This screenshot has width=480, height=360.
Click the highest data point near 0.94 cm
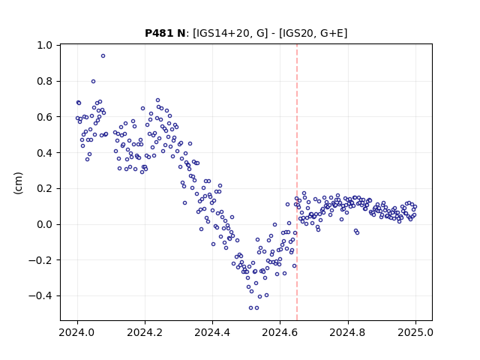point(103,56)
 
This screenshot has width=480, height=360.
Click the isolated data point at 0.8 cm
point(93,82)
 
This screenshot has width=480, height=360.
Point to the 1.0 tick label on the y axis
point(45,45)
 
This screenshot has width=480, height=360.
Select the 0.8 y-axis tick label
point(45,81)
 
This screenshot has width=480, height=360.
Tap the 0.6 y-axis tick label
point(45,117)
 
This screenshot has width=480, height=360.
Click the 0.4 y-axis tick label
point(45,153)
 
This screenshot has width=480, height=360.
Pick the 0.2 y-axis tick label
point(45,188)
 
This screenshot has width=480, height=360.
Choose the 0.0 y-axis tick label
point(45,224)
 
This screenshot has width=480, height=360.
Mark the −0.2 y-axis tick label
point(40,260)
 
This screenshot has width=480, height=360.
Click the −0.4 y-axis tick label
point(40,296)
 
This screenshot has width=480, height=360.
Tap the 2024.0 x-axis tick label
point(77,332)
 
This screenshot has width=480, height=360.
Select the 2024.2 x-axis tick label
point(145,332)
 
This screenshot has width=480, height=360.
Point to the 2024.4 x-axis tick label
point(212,332)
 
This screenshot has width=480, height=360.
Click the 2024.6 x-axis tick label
point(280,332)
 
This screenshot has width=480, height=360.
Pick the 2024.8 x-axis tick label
point(348,332)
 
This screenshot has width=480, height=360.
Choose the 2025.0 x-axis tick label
point(415,332)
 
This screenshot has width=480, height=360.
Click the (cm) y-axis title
point(18,183)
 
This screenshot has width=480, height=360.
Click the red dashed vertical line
point(297,182)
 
